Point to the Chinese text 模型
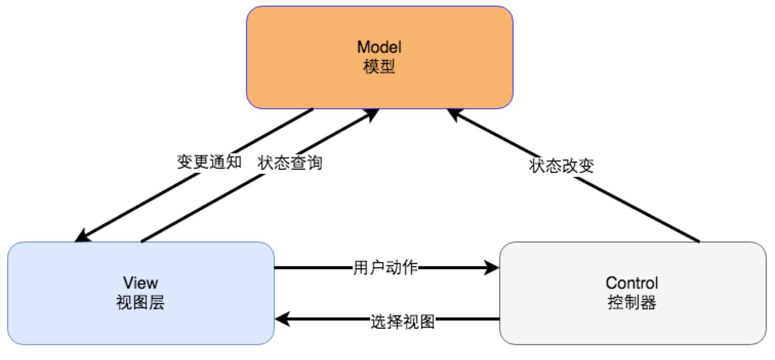[379, 67]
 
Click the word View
[141, 283]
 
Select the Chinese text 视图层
[141, 303]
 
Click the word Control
[631, 283]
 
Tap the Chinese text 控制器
[631, 303]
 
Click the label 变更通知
[209, 163]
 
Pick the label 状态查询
[290, 163]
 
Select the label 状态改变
[561, 166]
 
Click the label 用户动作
[386, 268]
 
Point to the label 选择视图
[402, 322]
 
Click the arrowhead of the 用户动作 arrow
[493, 268]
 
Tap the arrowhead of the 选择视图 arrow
[282, 320]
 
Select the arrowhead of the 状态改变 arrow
[454, 114]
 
